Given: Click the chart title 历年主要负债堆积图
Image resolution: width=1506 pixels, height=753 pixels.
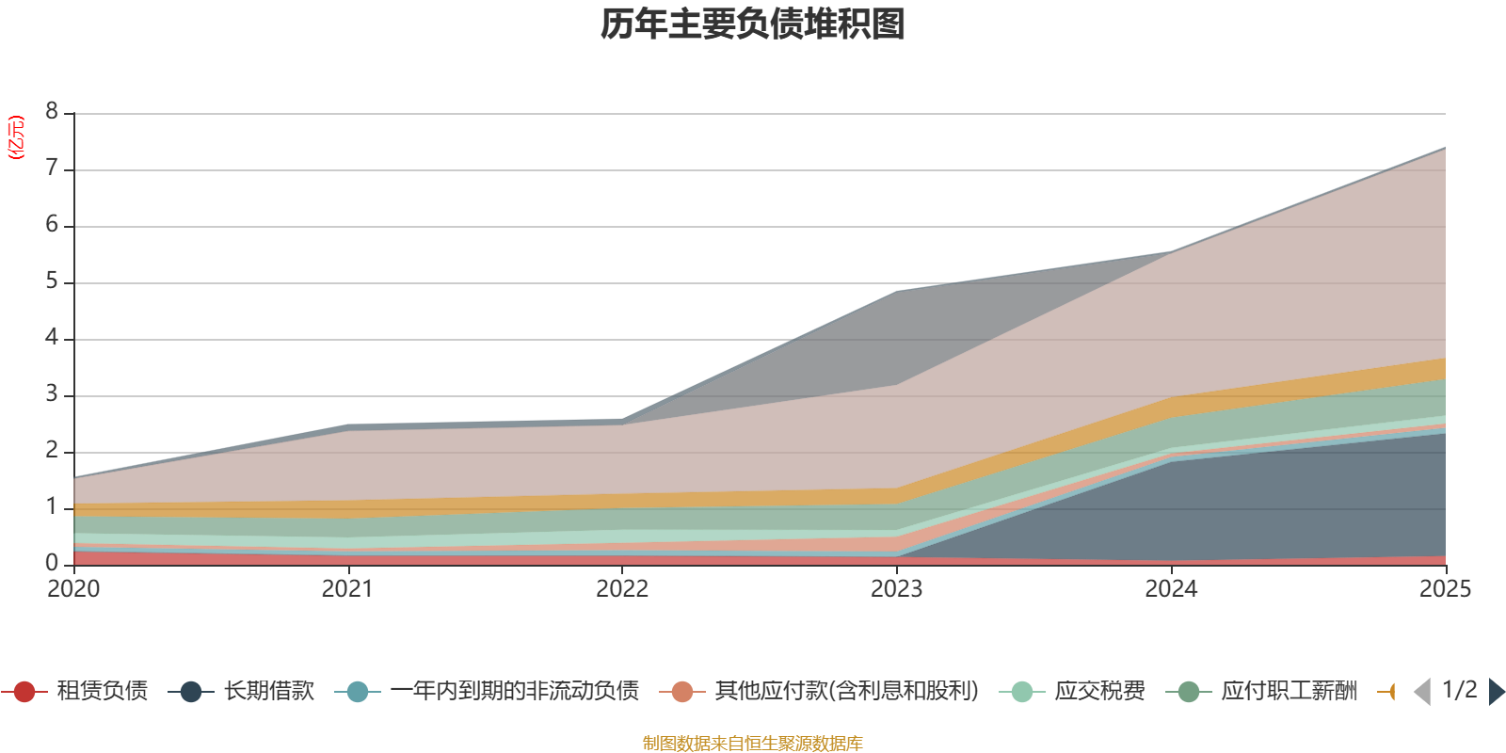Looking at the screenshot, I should tap(753, 24).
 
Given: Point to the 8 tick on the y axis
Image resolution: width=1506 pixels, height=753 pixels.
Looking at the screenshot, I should tap(52, 112).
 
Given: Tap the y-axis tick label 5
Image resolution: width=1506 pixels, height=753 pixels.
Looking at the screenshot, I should tap(52, 281).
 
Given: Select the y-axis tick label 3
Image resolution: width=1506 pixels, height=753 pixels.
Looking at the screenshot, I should tap(52, 394).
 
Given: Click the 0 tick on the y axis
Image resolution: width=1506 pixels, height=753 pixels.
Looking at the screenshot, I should tap(52, 563).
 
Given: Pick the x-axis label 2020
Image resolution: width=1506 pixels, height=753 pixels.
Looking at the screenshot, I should tap(73, 589).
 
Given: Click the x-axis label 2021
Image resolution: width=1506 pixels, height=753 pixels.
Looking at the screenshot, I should tap(347, 589).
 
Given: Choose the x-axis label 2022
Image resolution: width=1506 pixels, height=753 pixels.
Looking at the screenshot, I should tap(622, 589).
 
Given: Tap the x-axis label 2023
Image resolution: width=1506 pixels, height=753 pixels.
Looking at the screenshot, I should tap(896, 589).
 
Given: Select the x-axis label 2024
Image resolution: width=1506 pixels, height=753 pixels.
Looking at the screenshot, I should tap(1171, 589).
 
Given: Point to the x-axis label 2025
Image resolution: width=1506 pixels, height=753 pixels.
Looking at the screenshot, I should tap(1445, 589).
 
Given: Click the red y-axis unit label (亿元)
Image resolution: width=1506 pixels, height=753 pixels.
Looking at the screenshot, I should tap(16, 137).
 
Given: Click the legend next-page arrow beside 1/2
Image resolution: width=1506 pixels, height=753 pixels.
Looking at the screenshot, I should tap(1496, 692).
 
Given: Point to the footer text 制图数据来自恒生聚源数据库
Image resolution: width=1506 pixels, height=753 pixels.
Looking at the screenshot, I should tap(753, 744).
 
